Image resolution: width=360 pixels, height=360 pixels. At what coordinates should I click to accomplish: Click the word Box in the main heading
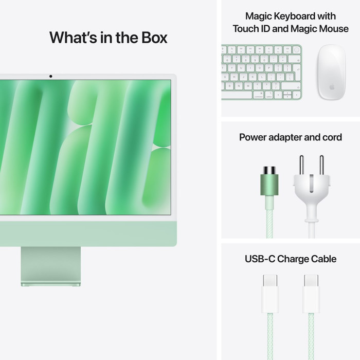151,38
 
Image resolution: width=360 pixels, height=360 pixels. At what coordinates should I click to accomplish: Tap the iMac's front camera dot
50,77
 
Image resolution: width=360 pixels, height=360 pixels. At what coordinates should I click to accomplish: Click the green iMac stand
51,265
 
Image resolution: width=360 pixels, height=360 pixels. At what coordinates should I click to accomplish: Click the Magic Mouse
331,72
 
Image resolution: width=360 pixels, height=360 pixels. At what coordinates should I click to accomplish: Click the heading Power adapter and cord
291,137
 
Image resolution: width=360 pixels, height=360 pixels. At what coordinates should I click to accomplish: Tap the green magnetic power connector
268,186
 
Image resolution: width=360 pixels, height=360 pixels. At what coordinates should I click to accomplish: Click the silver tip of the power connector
268,170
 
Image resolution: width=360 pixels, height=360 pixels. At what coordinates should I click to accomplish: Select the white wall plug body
311,190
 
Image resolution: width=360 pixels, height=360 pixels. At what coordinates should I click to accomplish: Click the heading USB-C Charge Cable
291,259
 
